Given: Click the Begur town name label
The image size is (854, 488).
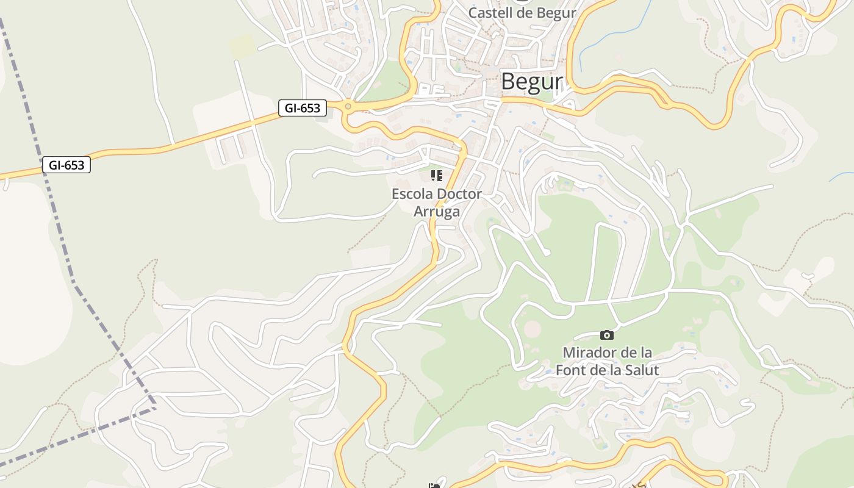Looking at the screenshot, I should pos(531,82).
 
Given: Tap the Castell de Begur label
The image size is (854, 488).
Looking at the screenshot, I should pos(522,13).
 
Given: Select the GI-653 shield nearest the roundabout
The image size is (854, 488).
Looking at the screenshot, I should pos(303,108).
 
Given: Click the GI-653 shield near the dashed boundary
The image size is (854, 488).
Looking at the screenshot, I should pos(66,165).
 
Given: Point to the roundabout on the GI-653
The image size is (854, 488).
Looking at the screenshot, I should pos(348,107).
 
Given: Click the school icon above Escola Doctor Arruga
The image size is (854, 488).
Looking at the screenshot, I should pos(436,176).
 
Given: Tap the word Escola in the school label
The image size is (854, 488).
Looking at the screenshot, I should pos(410,194).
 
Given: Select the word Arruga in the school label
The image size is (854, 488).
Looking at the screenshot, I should pos(436,211).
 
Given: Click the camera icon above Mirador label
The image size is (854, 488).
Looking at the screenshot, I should pos(606,335).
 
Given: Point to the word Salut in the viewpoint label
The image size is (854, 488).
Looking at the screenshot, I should pos(640,370).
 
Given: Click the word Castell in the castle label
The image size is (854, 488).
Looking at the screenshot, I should pos(491,13).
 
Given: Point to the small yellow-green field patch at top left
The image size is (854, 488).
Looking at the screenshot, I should pos(243,46).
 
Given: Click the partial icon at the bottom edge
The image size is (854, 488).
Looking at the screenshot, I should pos(434,486).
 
